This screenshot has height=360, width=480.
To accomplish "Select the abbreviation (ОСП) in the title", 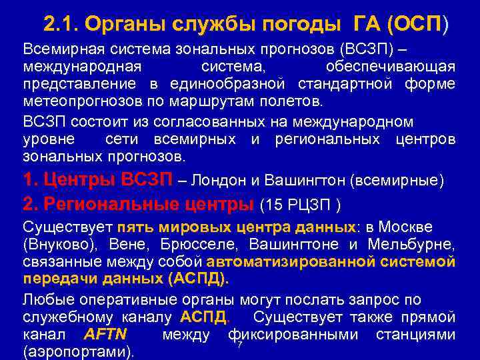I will tap(422, 25).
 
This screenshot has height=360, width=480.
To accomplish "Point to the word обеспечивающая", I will tap(391, 67).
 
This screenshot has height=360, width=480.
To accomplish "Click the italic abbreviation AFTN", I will tap(107, 333).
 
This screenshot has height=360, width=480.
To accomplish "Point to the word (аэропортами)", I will tap(79, 351).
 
